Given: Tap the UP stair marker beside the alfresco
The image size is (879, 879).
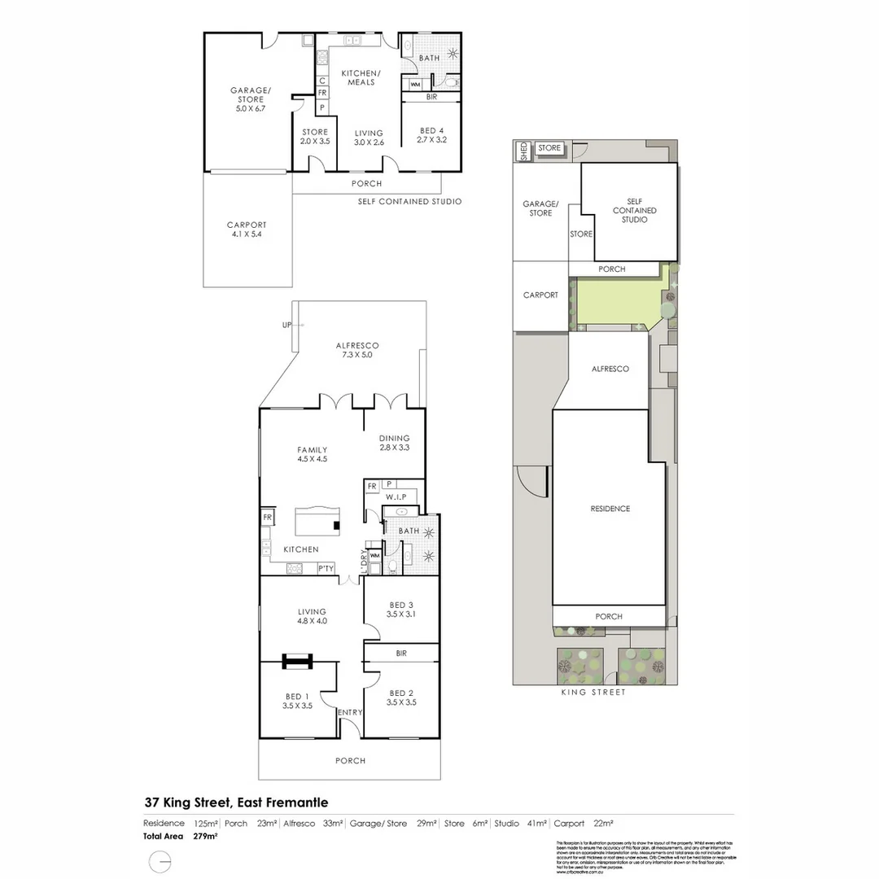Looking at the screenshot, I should [x=286, y=325].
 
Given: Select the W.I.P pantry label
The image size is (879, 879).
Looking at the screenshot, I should [x=396, y=496].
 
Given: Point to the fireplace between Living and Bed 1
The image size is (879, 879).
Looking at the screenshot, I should [x=298, y=662].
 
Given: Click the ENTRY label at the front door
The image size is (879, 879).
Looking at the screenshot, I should [x=350, y=713].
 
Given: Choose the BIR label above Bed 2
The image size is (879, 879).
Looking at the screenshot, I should [x=400, y=654].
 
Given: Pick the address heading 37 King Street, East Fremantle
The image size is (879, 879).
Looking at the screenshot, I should [x=236, y=802].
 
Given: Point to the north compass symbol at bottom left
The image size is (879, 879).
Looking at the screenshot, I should [x=160, y=861].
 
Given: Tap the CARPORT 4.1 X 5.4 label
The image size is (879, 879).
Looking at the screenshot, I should [x=247, y=230].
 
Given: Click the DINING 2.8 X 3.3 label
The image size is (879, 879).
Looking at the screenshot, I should [x=394, y=443].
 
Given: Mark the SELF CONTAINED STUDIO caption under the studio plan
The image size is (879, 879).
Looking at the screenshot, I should [x=409, y=202].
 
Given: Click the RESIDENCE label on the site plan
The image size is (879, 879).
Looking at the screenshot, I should [x=610, y=509].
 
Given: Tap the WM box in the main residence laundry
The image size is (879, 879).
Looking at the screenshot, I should [x=374, y=557].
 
